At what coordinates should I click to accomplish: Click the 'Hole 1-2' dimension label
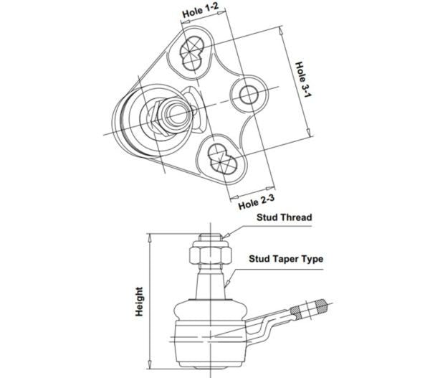pos(201,11)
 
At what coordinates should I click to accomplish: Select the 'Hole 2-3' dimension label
pos(257,202)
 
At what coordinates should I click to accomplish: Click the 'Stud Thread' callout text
pos(284,217)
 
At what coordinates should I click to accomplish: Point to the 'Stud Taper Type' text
pos(286,259)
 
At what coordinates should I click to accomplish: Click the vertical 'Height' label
pos(139,302)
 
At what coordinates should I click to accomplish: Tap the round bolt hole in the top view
pos(249,95)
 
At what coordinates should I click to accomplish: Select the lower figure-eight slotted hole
pos(222,159)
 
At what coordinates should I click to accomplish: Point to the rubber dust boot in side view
pos(211,310)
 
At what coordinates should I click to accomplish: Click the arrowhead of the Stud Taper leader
pos(226,283)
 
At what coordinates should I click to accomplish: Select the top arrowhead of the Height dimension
pos(150,237)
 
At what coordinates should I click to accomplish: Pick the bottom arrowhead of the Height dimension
pos(150,364)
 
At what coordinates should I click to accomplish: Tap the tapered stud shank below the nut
pos(210,283)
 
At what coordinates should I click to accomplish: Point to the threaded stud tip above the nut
pos(210,237)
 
